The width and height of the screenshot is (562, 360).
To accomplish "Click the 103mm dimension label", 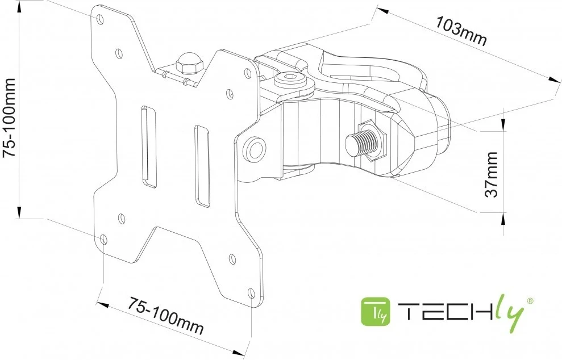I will point(461,31).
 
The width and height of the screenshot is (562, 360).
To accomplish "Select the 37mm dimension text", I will point(492,174).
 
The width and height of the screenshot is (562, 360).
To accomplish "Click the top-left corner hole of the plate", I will point(101,19).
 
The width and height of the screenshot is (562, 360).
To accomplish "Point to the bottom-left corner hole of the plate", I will point(103,240).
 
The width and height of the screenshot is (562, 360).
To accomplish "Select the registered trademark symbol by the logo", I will point(530,300).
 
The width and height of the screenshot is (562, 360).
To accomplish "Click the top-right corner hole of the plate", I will point(248,73).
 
